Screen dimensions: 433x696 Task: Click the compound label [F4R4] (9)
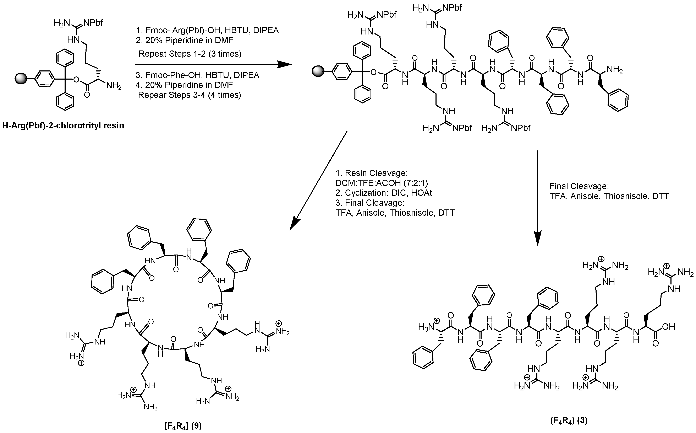[183, 426]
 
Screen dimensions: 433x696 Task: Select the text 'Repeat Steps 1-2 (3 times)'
[190, 54]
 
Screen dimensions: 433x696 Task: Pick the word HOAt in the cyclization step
[421, 193]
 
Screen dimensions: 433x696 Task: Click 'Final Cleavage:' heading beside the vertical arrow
[579, 186]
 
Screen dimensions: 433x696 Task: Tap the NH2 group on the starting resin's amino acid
[114, 86]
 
